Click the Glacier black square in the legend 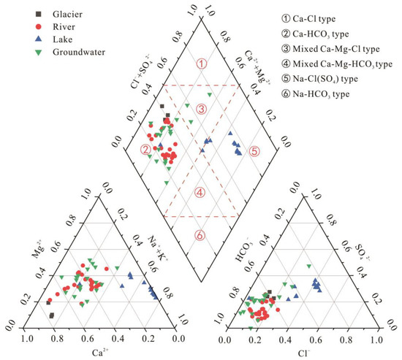tap(38, 14)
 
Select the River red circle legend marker tap(39, 26)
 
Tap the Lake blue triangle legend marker tap(39, 39)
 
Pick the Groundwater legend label tap(79, 52)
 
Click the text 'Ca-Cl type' tap(314, 19)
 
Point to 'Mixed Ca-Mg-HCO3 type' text tap(343, 64)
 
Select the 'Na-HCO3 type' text tap(321, 94)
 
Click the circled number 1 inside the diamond tap(202, 64)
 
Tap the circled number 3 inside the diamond tap(201, 110)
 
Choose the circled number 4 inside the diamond tap(200, 193)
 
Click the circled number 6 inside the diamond tap(200, 235)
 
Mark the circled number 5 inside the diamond tap(254, 151)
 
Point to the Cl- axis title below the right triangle tap(304, 353)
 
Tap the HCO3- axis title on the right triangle tap(242, 250)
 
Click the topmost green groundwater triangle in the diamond tap(210, 95)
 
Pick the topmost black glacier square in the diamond tap(162, 106)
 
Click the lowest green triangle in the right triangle tap(251, 328)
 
